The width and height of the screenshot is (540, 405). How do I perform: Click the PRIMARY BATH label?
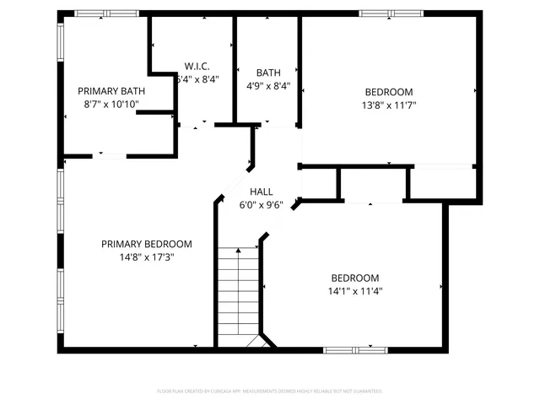tap(111, 91)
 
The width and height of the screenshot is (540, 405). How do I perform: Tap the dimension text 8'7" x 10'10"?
tap(111, 105)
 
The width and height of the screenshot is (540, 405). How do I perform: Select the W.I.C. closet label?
tap(197, 67)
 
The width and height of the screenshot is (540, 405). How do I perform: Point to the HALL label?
tap(261, 192)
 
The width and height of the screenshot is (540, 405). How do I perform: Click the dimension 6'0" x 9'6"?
tap(261, 204)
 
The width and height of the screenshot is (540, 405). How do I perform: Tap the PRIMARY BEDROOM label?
tap(146, 244)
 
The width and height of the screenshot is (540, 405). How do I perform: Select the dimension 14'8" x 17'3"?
tap(146, 257)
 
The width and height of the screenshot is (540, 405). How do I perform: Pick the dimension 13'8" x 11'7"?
tap(389, 105)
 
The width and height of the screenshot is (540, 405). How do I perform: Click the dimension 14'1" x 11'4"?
tap(354, 291)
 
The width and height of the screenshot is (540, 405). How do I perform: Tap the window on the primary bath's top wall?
tap(106, 13)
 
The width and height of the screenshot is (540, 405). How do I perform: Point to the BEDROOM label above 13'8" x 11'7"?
tap(389, 92)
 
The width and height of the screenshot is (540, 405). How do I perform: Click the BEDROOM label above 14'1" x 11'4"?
tap(354, 278)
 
